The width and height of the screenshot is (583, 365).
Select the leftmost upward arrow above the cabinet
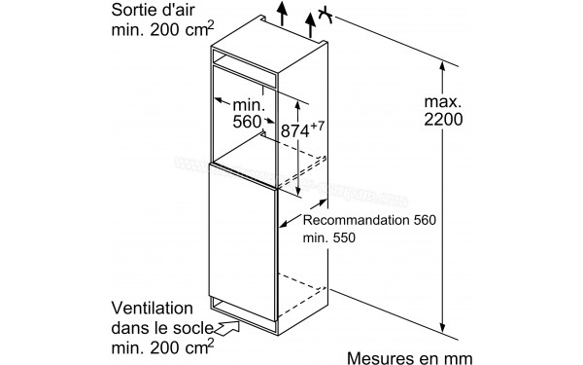pyautogui.click(x=282, y=15)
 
